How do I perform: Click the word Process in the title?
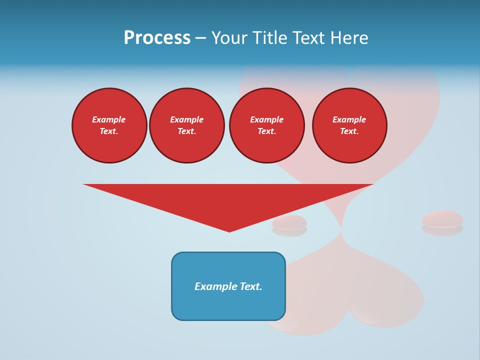pos(157,38)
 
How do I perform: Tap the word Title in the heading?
pos(269,38)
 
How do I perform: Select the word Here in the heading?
pos(348,38)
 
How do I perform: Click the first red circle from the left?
pos(109,125)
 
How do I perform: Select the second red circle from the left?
pos(187,125)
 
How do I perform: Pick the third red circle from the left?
pos(267,125)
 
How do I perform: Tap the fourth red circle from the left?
pos(349,125)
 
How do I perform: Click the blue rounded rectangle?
pos(228,305)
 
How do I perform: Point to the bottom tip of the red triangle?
pos(229,231)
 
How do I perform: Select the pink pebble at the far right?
pos(442,219)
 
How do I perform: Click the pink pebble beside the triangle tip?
pos(289,222)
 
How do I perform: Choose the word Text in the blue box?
pos(251,286)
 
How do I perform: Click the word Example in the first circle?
pos(109,119)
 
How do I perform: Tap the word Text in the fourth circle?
pos(349,131)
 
